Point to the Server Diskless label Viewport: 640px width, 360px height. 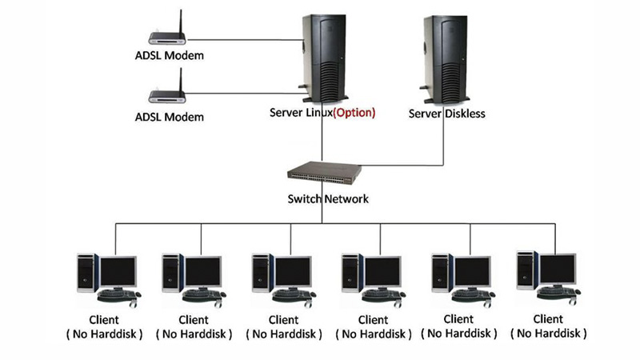[x=447, y=114]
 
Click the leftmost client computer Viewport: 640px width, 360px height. [x=107, y=275]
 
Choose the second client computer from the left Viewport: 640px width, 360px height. [x=192, y=275]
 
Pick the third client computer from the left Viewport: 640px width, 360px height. [x=282, y=275]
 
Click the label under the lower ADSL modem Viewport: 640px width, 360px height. [x=169, y=117]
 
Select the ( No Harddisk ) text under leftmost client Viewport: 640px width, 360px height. [x=104, y=333]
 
